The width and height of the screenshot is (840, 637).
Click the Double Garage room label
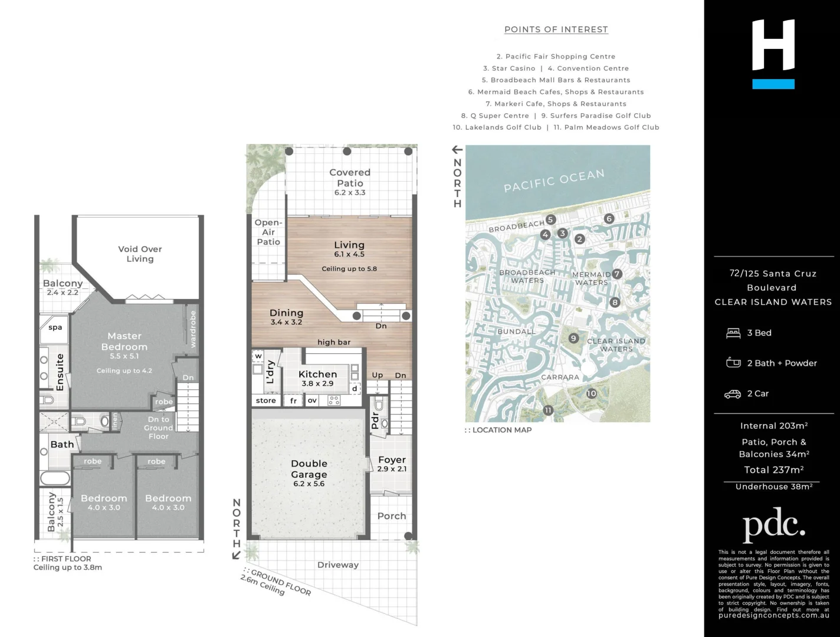[x=309, y=469]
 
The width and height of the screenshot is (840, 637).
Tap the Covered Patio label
[x=350, y=178]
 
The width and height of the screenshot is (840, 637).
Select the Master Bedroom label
[x=124, y=342]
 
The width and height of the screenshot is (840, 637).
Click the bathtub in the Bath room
[x=55, y=478]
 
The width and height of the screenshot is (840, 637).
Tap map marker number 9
[x=573, y=338]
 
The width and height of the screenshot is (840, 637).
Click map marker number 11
[x=548, y=411]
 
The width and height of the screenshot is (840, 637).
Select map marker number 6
[x=609, y=218]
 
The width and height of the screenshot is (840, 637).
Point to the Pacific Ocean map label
[x=554, y=180]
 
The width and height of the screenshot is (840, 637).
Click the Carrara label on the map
[x=560, y=377]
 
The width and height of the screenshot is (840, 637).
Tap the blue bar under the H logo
[x=773, y=84]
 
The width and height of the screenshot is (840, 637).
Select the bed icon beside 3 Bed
[x=733, y=333]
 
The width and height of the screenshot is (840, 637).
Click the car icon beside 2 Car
[x=733, y=394]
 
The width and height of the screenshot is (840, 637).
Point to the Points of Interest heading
[x=556, y=29]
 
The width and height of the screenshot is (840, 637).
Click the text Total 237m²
[x=773, y=470]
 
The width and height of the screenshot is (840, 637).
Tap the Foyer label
[x=392, y=459]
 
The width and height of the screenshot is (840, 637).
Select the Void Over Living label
[x=140, y=254]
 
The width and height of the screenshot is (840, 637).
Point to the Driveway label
[x=338, y=564]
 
